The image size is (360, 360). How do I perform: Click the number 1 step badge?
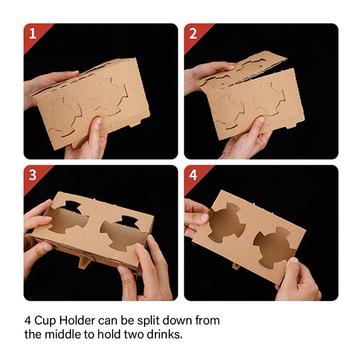[33, 34]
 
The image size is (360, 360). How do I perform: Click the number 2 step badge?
[193, 34]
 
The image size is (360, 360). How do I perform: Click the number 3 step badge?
[33, 175]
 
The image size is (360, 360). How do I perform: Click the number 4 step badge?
[193, 175]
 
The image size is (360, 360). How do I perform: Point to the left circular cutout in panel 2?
[228, 112]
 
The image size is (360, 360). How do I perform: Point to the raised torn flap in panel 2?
[242, 69]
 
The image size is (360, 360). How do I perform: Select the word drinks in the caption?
[165, 334]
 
